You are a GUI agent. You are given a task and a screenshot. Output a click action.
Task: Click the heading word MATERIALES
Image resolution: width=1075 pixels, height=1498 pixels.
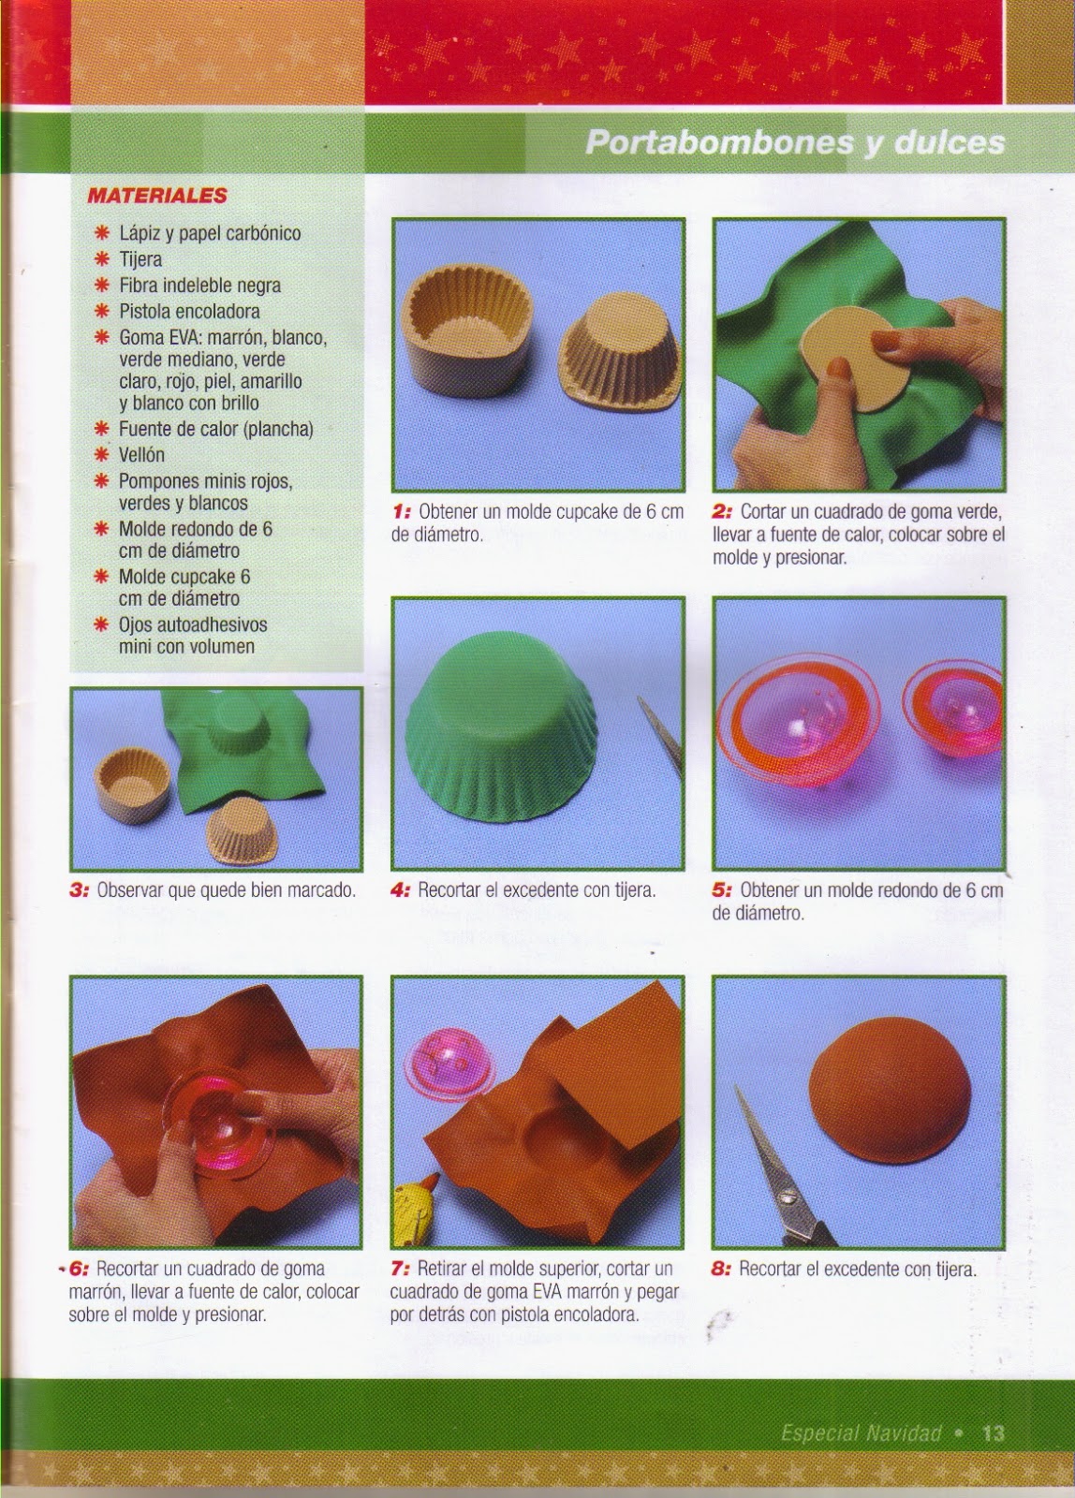[157, 196]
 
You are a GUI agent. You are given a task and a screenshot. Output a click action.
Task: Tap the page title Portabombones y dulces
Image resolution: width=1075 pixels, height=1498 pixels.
[795, 142]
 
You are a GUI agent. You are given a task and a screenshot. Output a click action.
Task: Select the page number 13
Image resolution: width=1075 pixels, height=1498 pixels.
[993, 1433]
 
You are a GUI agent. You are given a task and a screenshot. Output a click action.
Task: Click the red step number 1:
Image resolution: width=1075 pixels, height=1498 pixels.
[402, 512]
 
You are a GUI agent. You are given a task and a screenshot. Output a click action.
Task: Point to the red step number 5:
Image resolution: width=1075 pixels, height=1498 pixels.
[722, 890]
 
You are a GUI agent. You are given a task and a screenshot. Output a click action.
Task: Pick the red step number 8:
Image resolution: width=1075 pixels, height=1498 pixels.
[721, 1269]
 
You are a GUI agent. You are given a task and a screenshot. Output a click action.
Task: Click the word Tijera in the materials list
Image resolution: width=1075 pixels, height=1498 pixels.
[140, 259]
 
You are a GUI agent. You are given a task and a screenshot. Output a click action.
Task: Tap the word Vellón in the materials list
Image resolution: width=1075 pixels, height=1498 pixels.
[141, 455]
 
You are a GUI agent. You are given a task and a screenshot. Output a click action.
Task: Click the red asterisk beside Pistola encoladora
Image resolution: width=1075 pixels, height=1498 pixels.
[102, 310]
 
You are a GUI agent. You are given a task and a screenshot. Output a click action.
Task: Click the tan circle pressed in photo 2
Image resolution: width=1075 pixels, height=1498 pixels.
[855, 361]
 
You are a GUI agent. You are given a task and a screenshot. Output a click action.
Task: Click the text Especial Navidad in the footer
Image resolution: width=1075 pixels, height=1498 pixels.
[861, 1433]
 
